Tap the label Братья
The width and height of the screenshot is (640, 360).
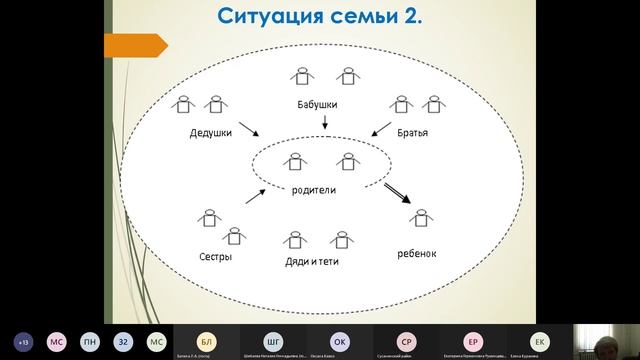421,132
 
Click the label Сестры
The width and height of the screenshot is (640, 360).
215,257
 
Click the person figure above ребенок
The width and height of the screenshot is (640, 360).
424,219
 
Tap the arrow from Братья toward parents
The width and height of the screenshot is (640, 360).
381,132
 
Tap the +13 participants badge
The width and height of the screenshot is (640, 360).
23,340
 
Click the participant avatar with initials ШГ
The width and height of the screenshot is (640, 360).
273,340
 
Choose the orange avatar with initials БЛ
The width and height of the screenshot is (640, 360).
207,340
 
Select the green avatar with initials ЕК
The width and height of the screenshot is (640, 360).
540,340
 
